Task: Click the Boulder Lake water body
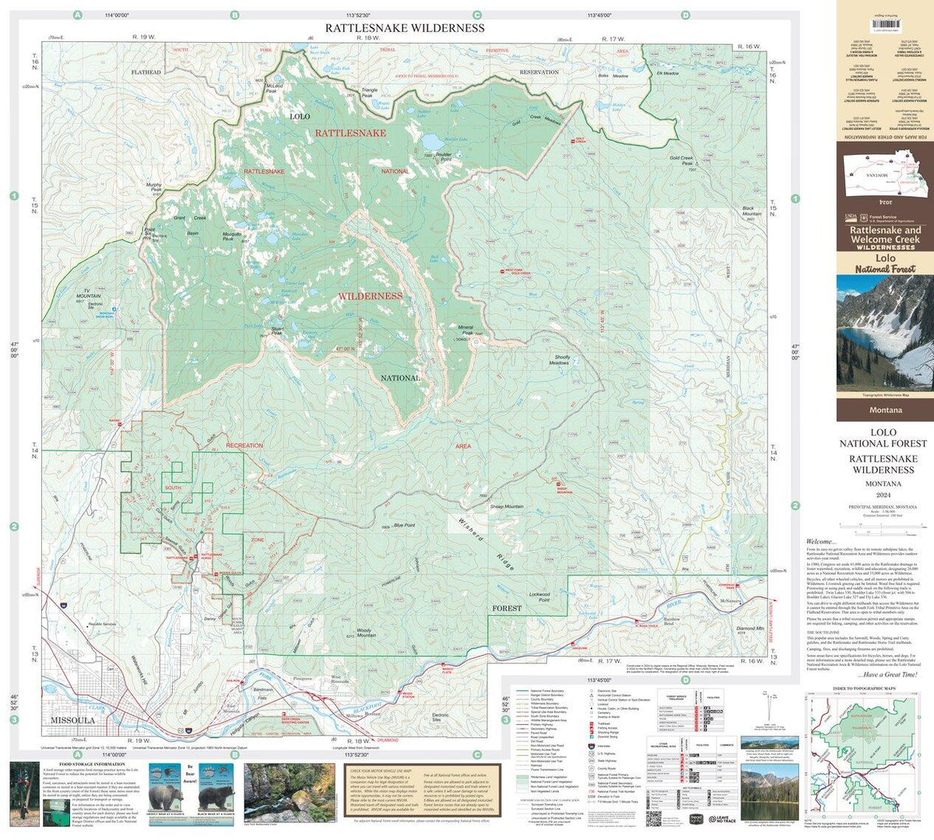pos(430,142)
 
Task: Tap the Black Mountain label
pos(751,211)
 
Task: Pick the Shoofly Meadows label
pos(559,360)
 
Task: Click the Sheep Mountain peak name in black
pos(507,506)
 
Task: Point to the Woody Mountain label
pos(366,632)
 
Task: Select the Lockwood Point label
pos(539,597)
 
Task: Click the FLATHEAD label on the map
pos(146,72)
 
